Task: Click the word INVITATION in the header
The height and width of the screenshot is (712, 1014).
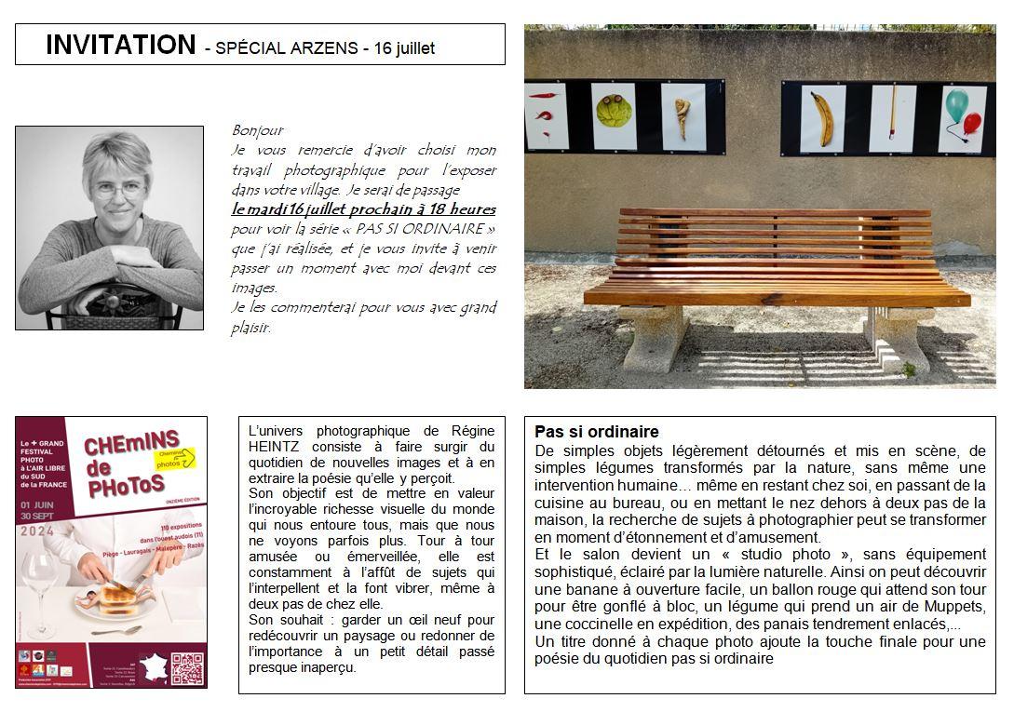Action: click(120, 45)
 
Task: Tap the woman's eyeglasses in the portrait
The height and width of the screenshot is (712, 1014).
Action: click(117, 189)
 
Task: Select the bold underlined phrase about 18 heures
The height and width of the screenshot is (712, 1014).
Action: click(363, 209)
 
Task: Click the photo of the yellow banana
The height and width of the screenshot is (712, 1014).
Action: click(823, 118)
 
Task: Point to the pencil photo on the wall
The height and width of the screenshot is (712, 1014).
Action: click(892, 118)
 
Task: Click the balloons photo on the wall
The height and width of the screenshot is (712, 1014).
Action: click(961, 118)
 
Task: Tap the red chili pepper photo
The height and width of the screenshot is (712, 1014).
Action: click(546, 116)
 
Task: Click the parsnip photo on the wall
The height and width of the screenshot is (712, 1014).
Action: click(683, 117)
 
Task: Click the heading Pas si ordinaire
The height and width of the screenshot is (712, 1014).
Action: click(597, 432)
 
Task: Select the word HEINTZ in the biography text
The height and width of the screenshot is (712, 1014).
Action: click(278, 447)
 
